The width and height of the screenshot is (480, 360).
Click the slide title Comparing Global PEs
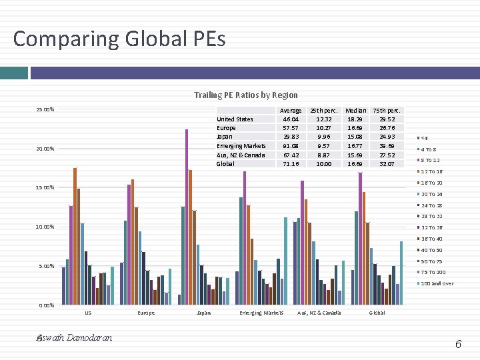coord(119,39)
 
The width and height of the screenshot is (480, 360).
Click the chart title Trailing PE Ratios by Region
coord(246,95)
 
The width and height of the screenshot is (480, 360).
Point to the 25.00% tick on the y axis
coord(45,109)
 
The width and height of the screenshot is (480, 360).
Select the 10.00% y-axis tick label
coord(45,227)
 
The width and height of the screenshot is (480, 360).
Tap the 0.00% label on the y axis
coord(45,305)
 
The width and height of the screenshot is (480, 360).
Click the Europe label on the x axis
coord(146,313)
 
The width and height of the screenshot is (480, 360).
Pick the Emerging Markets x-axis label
coord(261,313)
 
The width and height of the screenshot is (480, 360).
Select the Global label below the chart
coord(377,313)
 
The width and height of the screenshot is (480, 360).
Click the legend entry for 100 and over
coord(437,284)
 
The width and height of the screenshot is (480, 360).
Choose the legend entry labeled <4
coord(425,138)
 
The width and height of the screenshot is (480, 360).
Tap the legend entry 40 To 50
coord(432,250)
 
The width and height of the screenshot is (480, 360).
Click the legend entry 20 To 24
coord(432,194)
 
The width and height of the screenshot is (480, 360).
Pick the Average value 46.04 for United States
coord(291,119)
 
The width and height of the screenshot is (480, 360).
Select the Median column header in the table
coord(356,110)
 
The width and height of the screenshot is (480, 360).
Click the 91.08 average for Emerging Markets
coord(291,146)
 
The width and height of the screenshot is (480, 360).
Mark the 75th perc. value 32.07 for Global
coord(387,164)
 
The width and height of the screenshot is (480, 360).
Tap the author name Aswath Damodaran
coord(74,338)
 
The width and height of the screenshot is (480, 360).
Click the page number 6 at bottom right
coord(458,344)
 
